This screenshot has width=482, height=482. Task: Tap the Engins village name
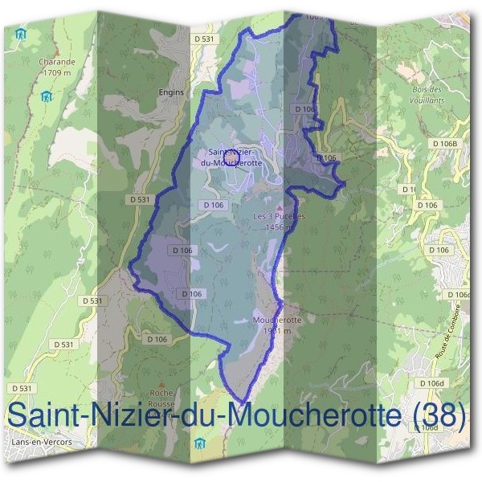pyautogui.click(x=172, y=92)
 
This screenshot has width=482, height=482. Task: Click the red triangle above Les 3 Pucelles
pyautogui.click(x=280, y=207)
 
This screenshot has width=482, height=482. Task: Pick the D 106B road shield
pyautogui.click(x=443, y=144)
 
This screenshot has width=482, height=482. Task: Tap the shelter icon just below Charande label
pyautogui.click(x=47, y=96)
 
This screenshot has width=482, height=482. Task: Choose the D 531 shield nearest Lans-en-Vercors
pyautogui.click(x=23, y=388)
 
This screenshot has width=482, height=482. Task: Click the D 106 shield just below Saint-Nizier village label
pyautogui.click(x=213, y=205)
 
